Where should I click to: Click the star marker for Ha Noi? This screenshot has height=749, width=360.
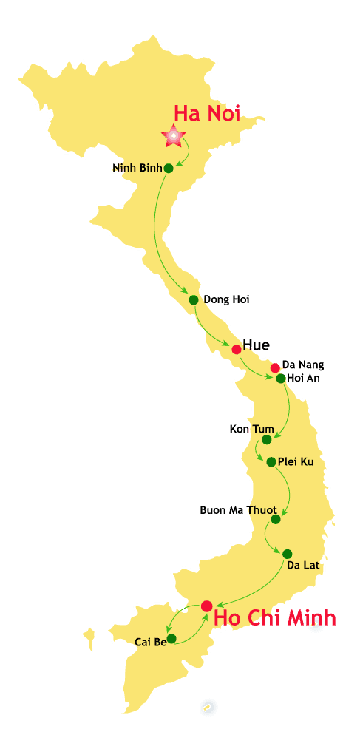click(174, 135)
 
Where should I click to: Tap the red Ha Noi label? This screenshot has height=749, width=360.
click(207, 113)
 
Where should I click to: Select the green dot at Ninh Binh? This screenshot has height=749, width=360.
click(169, 168)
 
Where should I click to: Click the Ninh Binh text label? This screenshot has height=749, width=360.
click(137, 168)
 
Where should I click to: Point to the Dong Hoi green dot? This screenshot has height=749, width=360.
click(193, 299)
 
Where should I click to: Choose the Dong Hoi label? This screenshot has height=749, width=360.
click(226, 299)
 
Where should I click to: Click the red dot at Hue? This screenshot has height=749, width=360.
click(236, 349)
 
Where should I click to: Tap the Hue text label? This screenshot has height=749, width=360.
click(256, 345)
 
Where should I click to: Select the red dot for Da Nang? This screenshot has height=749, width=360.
click(275, 367)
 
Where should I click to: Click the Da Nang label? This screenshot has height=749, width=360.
click(303, 365)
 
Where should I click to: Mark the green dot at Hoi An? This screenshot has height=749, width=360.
click(281, 379)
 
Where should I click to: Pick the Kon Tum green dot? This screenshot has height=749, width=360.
click(266, 439)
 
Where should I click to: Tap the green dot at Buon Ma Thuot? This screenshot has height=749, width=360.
click(276, 519)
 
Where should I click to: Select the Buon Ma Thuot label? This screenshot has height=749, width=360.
click(238, 510)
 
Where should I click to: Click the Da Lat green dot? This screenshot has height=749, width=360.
click(287, 554)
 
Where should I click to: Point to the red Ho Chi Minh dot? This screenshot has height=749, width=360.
click(206, 606)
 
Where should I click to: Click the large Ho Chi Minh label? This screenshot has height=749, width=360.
click(274, 617)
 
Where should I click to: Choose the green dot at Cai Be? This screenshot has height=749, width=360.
click(171, 638)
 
